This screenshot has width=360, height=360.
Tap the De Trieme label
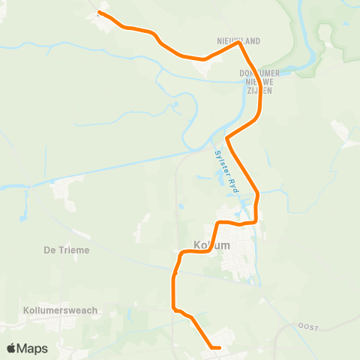pyautogui.click(x=67, y=250)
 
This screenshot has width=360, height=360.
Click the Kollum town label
pyautogui.click(x=212, y=245)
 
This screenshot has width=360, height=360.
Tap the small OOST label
pyautogui.click(x=308, y=326)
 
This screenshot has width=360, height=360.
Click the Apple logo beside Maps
pyautogui.click(x=12, y=349)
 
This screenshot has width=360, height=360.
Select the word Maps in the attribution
pyautogui.click(x=33, y=349)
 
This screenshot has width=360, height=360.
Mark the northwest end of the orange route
pyautogui.click(x=100, y=13)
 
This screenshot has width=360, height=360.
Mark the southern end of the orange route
pyautogui.click(x=218, y=347)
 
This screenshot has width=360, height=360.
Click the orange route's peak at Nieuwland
pyautogui.click(x=238, y=43)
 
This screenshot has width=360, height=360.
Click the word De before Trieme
pyautogui.click(x=49, y=250)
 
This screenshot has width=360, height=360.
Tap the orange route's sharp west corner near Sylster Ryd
pyautogui.click(x=227, y=139)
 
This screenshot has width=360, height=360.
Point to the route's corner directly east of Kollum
pyautogui.click(x=257, y=221)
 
